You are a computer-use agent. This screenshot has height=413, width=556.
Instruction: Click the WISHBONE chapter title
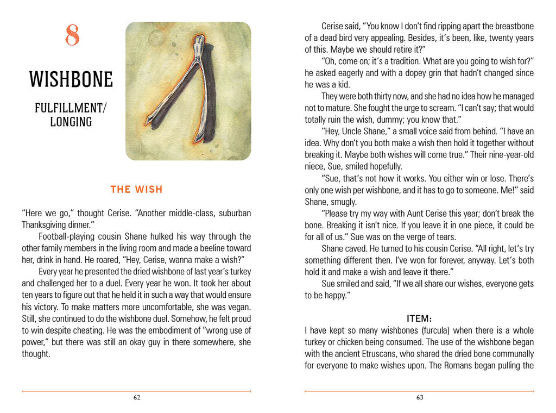(x=71, y=79)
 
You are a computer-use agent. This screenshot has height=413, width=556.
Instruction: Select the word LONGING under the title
(x=71, y=122)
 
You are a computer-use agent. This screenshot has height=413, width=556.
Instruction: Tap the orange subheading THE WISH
(x=136, y=189)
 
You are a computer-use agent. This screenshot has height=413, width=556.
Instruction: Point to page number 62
(x=137, y=397)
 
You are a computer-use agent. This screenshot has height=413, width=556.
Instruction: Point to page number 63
(x=420, y=397)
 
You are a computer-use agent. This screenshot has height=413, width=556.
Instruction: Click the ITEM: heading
(x=419, y=318)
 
